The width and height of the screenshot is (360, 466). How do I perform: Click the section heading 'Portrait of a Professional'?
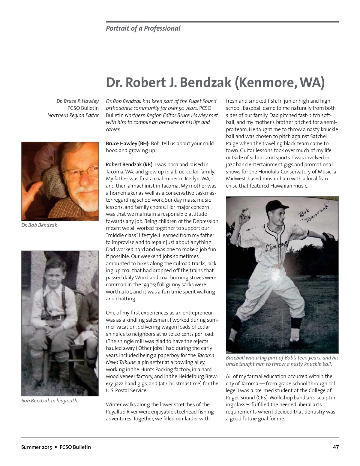(143, 29)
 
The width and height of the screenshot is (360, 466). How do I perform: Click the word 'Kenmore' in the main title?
(264, 83)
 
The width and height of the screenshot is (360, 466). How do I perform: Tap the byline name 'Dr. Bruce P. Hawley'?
(77, 101)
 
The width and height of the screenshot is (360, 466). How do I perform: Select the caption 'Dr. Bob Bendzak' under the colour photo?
(39, 225)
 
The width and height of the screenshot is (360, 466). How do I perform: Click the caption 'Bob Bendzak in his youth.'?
(49, 401)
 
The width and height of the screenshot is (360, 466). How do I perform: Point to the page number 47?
(336, 447)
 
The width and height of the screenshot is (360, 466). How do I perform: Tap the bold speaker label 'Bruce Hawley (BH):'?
(127, 143)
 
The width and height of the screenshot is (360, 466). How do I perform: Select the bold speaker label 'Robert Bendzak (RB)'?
(129, 165)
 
